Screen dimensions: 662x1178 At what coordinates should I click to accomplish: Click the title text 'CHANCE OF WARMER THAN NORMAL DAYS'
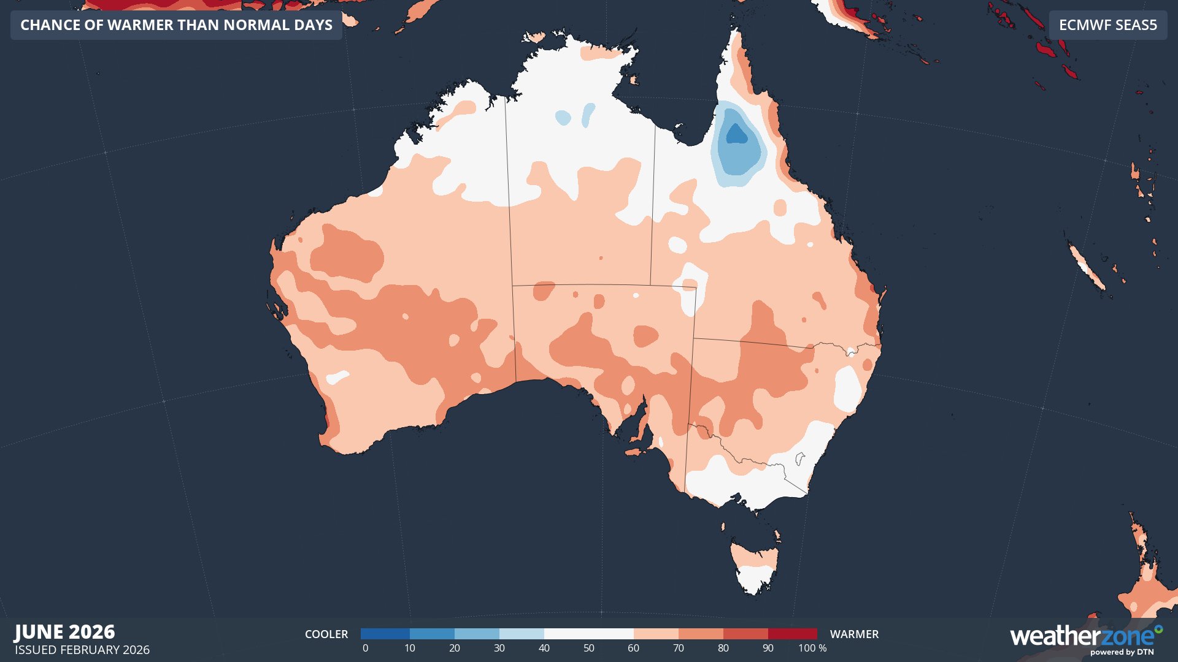click(176, 25)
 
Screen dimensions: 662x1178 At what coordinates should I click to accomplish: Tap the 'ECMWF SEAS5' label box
click(1107, 25)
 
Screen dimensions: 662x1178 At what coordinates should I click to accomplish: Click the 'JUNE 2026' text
click(64, 631)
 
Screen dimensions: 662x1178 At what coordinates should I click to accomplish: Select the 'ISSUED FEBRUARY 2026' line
click(82, 650)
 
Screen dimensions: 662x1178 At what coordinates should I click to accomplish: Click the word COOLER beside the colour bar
click(326, 634)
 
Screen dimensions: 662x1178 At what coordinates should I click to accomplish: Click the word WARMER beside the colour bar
click(854, 634)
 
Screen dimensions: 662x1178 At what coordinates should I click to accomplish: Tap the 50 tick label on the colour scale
click(588, 649)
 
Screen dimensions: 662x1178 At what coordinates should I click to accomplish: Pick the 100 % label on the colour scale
click(812, 649)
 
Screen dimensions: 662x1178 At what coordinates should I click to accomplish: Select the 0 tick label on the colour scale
click(365, 649)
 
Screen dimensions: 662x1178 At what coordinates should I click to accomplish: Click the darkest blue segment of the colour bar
click(385, 634)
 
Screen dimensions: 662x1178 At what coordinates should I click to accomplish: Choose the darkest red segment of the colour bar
click(792, 634)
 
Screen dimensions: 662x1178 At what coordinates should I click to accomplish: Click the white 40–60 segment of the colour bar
click(588, 634)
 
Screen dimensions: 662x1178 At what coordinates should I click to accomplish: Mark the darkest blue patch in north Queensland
click(736, 134)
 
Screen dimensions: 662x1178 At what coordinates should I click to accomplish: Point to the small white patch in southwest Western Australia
click(337, 377)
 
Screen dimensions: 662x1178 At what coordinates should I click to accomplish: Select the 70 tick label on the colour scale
click(678, 649)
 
